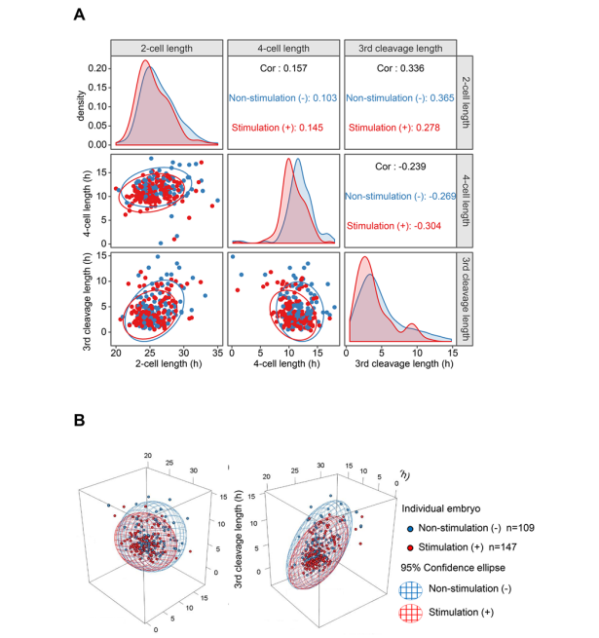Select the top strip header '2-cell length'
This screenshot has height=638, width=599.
pyautogui.click(x=166, y=48)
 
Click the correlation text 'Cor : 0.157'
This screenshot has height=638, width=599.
pyautogui.click(x=282, y=69)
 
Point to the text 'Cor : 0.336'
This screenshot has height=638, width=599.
pyautogui.click(x=399, y=69)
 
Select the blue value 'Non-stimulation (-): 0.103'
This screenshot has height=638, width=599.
pyautogui.click(x=282, y=98)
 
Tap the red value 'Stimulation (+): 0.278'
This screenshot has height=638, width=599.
pyautogui.click(x=399, y=128)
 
